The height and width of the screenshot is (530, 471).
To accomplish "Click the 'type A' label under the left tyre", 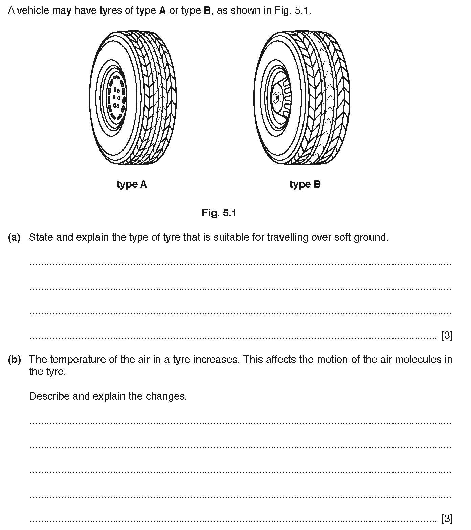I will tap(132, 184).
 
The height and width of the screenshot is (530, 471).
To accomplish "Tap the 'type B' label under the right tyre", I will tap(305, 184).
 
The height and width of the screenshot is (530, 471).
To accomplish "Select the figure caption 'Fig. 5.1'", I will tap(219, 213).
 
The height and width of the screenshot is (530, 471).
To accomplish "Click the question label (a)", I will tap(14, 237).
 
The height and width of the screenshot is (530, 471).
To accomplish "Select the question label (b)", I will tap(14, 359).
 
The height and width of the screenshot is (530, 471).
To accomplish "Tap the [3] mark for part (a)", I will tap(447, 335).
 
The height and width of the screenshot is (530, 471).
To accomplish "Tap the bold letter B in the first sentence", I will tap(207, 11).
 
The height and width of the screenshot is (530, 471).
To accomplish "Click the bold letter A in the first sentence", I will tap(162, 11).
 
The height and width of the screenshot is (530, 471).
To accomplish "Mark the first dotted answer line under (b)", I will tap(240, 422).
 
